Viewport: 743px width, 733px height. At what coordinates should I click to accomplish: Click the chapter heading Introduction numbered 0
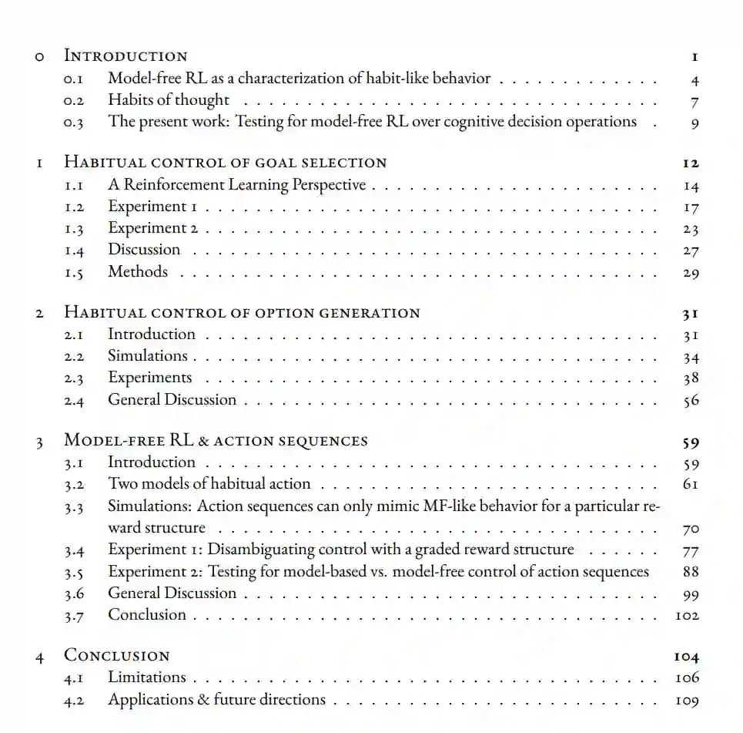coord(125,55)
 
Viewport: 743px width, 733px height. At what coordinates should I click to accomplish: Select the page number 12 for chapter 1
coord(690,163)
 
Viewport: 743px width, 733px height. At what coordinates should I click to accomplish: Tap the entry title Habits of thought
coord(169,100)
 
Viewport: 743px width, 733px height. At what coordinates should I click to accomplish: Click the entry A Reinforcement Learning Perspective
coord(237,185)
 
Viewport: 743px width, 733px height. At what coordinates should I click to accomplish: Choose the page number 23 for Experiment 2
coord(691,229)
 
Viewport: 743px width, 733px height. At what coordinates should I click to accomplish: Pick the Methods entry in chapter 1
coord(138,272)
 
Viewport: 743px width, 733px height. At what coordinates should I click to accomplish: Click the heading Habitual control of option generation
coord(242,313)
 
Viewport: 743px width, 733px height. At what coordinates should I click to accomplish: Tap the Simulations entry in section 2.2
coord(148,356)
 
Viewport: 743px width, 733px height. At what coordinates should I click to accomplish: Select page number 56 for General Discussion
coord(691,400)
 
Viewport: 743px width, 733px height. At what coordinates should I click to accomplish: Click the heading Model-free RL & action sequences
coord(216,441)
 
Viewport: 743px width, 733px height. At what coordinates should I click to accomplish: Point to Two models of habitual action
coord(209,484)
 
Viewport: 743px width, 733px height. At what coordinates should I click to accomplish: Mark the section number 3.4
coord(75,550)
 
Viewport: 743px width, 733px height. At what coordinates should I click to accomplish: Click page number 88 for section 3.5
coord(691,572)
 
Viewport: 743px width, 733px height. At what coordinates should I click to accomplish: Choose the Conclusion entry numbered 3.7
coord(147,615)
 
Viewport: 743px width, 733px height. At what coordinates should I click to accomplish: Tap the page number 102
coord(687,616)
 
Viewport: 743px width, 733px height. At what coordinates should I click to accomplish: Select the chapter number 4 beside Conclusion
coord(39,657)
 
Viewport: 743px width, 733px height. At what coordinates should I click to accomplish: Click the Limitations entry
coord(147,678)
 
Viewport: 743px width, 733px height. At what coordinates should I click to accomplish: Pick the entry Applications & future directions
coord(216,700)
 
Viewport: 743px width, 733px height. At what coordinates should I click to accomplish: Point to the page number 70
coord(691,530)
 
